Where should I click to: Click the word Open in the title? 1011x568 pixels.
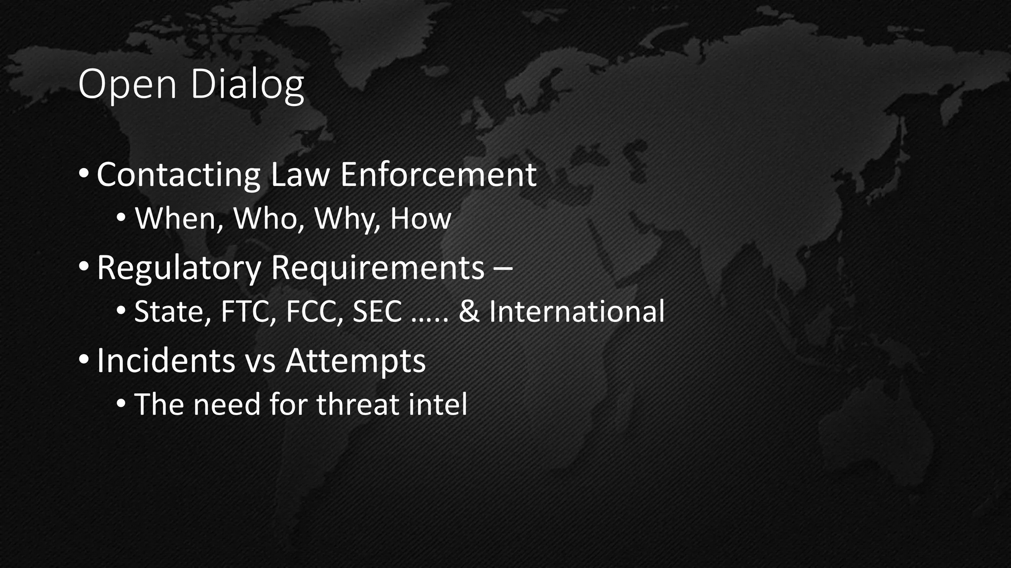tap(127, 85)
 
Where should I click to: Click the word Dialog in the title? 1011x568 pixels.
tap(247, 85)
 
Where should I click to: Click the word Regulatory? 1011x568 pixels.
tap(178, 268)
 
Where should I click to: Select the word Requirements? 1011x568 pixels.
tap(378, 268)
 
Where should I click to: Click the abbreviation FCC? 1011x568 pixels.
tap(314, 312)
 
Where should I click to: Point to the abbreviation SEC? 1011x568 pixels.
tap(377, 312)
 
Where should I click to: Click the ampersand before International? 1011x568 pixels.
tap(469, 312)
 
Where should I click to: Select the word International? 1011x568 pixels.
tap(577, 312)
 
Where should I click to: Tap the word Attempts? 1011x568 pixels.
tap(355, 361)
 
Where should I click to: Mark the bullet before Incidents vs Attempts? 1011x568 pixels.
tap(84, 359)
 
